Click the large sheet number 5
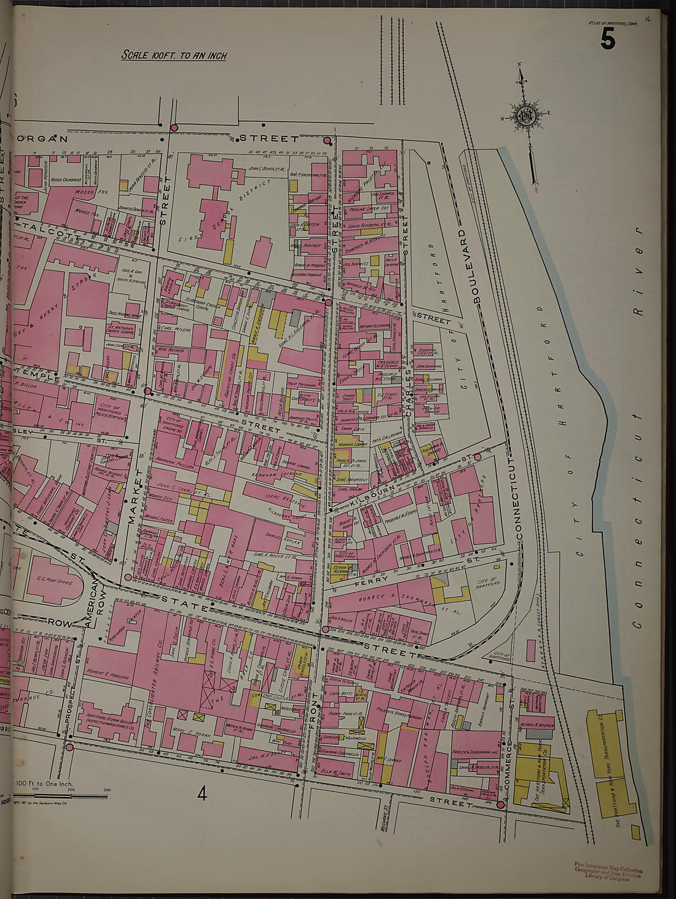607,40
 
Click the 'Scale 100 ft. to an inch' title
174,55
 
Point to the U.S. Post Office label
53,581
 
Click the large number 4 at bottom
202,794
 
